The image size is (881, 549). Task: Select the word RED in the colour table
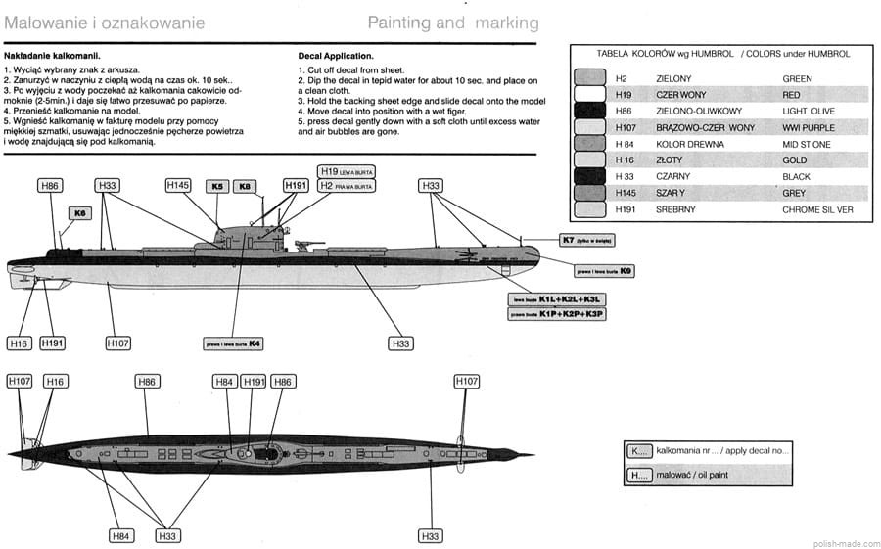791,95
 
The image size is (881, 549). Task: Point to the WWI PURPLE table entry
808,128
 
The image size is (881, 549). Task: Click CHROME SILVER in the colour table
818,209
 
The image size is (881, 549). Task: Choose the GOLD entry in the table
795,160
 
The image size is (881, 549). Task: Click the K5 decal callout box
216,185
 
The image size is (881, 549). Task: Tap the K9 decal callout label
599,270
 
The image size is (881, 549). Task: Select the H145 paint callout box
177,185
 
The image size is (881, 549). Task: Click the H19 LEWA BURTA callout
347,171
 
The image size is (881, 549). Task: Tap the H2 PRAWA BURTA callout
347,185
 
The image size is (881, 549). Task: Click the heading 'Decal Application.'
337,57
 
